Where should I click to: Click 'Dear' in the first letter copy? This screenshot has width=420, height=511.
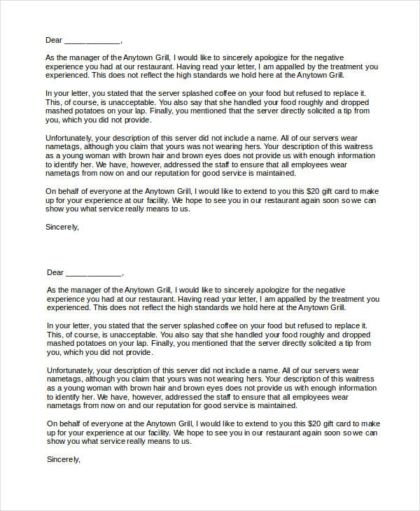pyautogui.click(x=55, y=40)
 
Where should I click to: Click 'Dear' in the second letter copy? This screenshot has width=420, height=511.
pyautogui.click(x=55, y=272)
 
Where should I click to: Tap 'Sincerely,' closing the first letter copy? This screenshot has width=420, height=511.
pyautogui.click(x=62, y=227)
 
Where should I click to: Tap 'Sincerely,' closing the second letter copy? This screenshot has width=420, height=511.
pyautogui.click(x=64, y=459)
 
